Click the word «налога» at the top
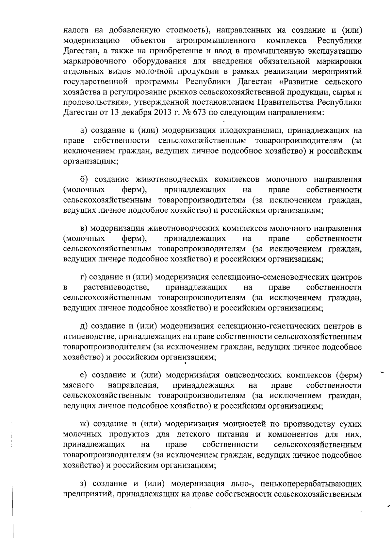[x=74, y=30]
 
